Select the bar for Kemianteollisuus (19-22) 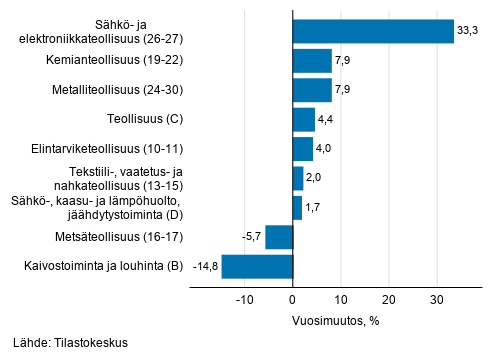coord(312,62)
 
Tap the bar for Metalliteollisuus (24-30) coord(312,91)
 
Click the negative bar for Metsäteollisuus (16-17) coord(279,237)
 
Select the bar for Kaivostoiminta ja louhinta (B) coord(257,266)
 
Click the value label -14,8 coord(205,266)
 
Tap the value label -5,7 coord(250,237)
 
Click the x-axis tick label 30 coord(436,299)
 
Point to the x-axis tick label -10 coord(243,299)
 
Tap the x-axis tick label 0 coord(293,299)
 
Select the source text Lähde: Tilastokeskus coord(72,343)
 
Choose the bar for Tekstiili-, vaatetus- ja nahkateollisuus coord(298,178)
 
